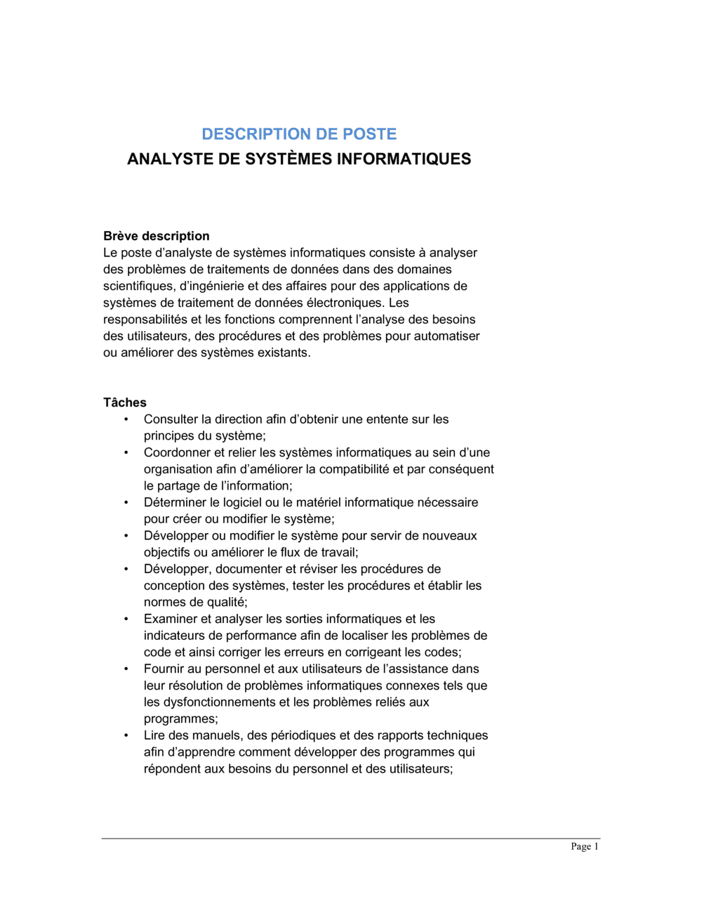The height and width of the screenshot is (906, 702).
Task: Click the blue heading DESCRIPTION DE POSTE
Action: point(299,134)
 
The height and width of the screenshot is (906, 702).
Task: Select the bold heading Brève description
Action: point(156,237)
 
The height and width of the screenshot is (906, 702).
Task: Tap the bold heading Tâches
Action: point(125,403)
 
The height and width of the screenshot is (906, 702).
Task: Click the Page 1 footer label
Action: point(584,847)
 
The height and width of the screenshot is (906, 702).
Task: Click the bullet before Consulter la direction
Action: point(126,420)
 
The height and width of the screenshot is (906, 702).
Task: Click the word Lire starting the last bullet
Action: point(154,736)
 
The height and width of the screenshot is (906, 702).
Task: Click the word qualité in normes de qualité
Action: point(225,603)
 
